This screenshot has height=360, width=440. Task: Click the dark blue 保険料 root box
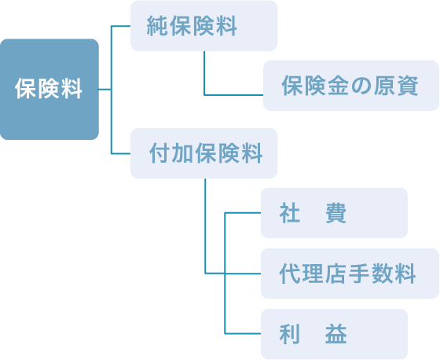tap(49, 90)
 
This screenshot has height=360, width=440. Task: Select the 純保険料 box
tap(204, 26)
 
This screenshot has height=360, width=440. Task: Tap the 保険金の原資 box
tap(351, 86)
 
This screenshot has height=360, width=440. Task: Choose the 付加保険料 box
tap(204, 153)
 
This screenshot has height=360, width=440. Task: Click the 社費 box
tap(334, 213)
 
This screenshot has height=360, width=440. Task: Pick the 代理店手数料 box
tap(350, 274)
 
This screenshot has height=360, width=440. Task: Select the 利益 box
tap(334, 334)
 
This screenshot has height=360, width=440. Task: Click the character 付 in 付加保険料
tap(160, 153)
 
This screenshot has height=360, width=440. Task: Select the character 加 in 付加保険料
tap(183, 153)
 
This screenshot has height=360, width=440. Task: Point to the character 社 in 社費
tap(290, 213)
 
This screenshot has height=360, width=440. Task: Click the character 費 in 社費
tap(336, 213)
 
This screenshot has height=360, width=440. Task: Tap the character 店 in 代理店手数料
tap(335, 274)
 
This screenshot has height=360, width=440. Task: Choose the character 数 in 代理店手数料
tap(382, 274)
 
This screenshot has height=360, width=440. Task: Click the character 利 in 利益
tap(290, 334)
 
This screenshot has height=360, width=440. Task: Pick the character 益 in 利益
tap(336, 334)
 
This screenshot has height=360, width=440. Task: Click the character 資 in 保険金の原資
tap(408, 86)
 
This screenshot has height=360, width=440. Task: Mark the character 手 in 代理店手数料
tap(359, 274)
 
